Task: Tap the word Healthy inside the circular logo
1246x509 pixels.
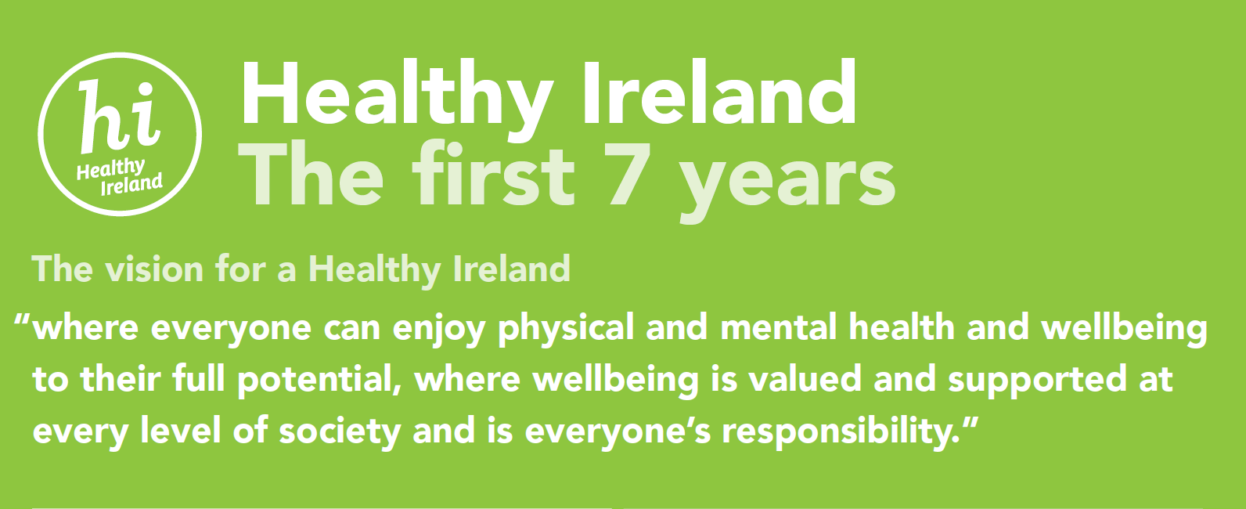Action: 110,168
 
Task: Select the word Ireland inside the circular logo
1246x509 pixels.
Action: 131,186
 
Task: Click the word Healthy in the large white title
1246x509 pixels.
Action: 395,96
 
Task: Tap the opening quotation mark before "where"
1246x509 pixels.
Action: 23,320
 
